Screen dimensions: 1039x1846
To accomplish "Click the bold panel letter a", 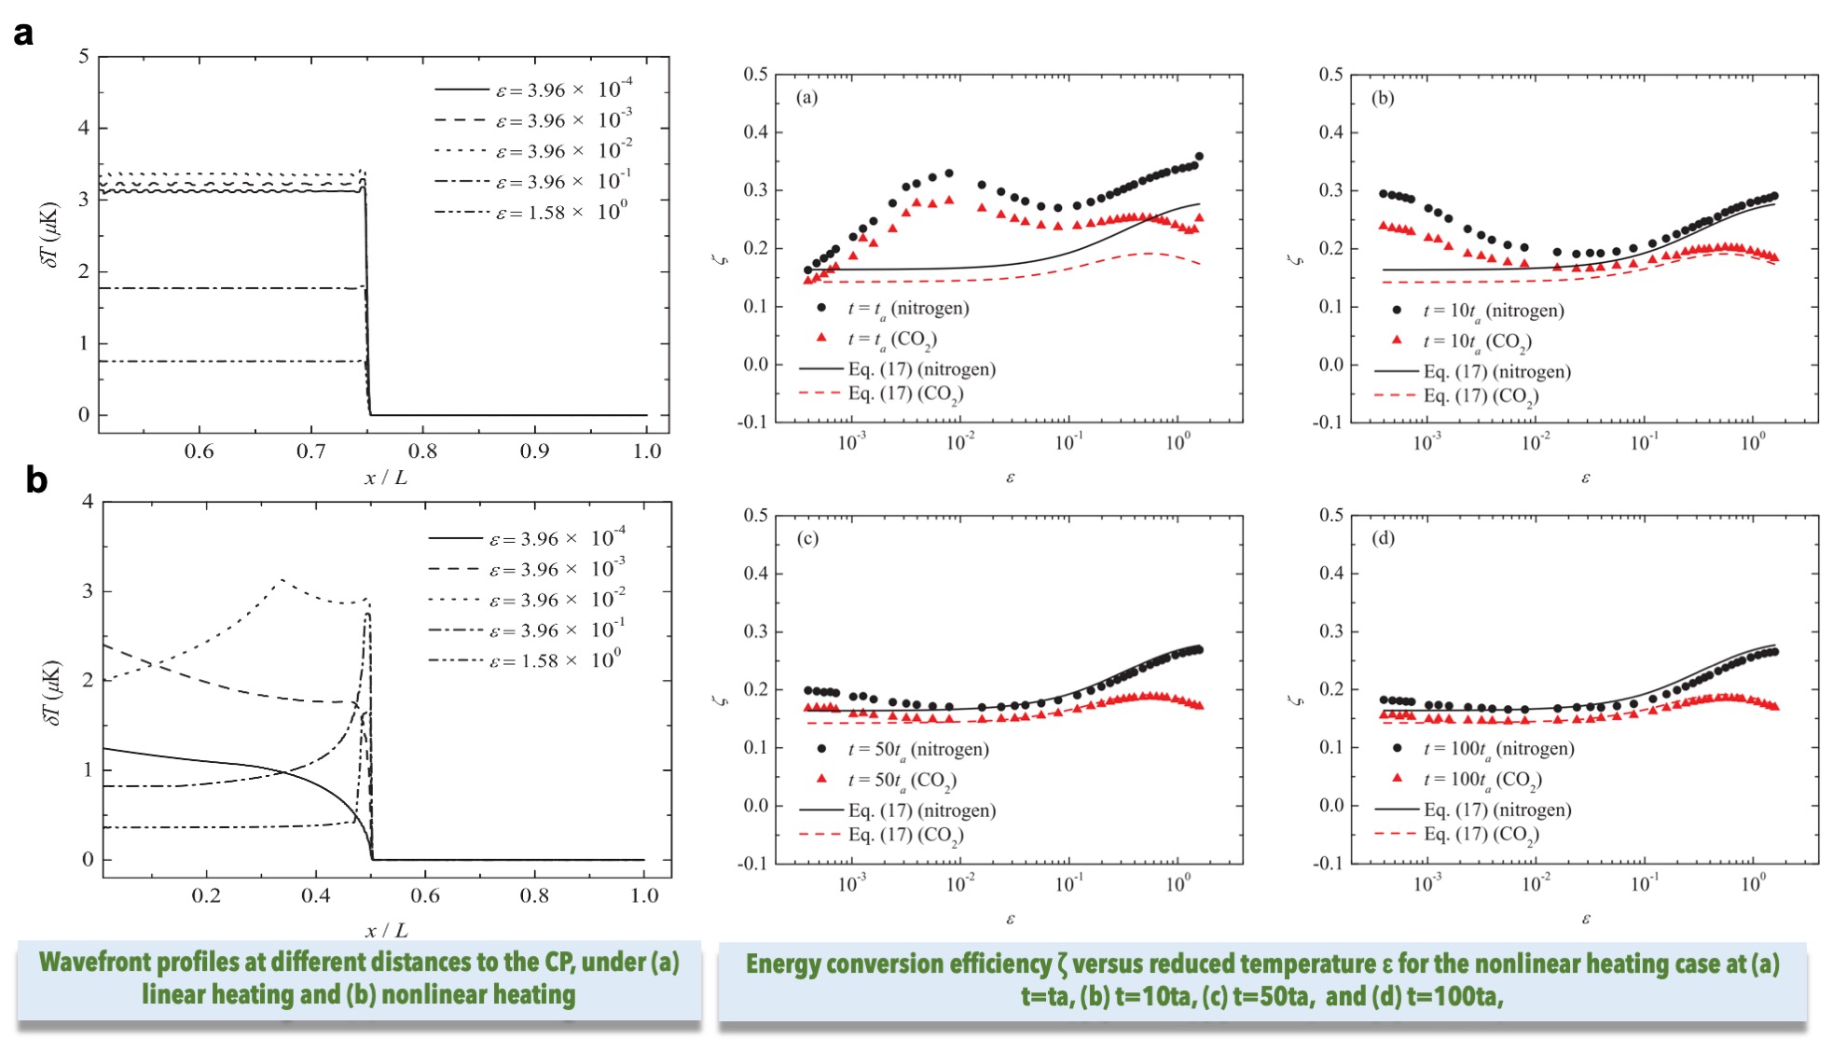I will (x=23, y=34).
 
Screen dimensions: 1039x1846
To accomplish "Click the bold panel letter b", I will (x=35, y=479).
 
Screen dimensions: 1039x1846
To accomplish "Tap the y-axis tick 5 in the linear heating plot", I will (x=84, y=57).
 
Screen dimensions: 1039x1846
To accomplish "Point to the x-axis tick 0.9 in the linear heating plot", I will (x=534, y=451).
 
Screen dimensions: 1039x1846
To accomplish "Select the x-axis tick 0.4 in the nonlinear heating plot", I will (x=315, y=896).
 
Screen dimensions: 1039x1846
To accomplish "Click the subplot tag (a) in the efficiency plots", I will (x=807, y=97).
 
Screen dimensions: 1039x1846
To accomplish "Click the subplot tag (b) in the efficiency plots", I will (x=1383, y=97).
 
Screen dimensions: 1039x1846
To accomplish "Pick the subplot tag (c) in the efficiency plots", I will (x=807, y=538).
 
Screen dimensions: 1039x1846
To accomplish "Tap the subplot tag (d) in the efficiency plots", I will (x=1383, y=538).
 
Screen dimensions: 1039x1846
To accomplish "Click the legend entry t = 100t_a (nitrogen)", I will (x=1498, y=748).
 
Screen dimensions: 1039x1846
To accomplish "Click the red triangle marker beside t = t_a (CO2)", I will (x=821, y=337).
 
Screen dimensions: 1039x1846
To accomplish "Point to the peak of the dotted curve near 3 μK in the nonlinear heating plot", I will (x=282, y=580).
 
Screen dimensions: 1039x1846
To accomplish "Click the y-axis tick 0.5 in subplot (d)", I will (x=1331, y=516).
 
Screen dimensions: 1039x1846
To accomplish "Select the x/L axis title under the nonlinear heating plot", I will (x=386, y=930).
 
